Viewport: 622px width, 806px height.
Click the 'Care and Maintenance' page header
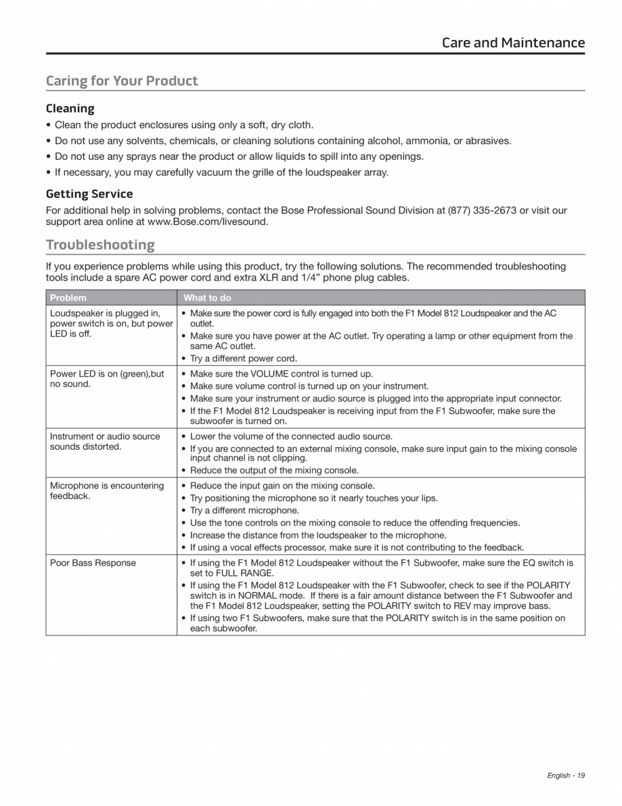(513, 43)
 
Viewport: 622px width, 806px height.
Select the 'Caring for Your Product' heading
(122, 81)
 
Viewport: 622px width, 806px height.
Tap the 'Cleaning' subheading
(70, 108)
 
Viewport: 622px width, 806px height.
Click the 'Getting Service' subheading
(89, 194)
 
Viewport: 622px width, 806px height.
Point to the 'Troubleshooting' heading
(100, 245)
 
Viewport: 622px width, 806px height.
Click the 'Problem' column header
(68, 297)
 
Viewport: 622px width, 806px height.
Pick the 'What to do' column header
(207, 297)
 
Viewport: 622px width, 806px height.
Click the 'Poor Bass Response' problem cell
(93, 563)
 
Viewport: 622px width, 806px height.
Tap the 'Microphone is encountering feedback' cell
(107, 491)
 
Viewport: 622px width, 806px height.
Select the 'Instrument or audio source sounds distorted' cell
(105, 442)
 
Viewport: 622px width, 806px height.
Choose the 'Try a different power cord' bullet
(244, 358)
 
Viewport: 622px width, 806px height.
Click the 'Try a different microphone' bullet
(244, 510)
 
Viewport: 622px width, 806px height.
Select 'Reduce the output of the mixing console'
(274, 470)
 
